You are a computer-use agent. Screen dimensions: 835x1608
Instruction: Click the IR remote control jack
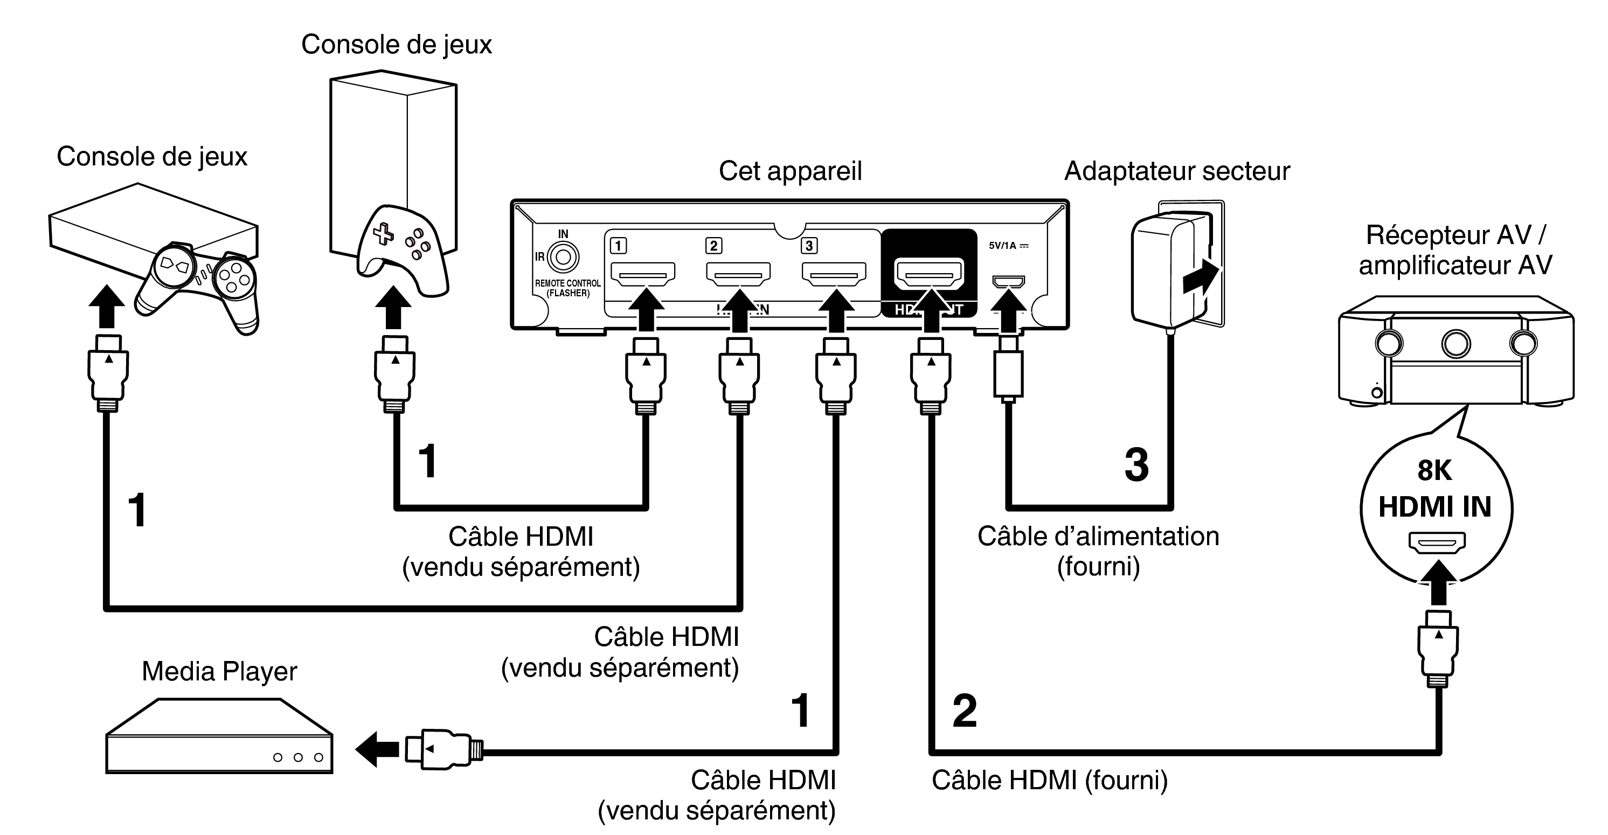(563, 257)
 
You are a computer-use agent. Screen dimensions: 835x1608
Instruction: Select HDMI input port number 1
(642, 273)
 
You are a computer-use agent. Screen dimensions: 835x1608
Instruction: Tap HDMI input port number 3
(834, 273)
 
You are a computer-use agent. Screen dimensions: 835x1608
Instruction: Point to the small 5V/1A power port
(1008, 281)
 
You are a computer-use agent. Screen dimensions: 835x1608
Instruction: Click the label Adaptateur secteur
(1177, 171)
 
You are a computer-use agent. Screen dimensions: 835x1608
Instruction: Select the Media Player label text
(219, 671)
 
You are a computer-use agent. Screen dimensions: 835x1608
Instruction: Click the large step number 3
(1136, 465)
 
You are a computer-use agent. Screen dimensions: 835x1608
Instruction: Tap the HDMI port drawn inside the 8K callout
(1436, 542)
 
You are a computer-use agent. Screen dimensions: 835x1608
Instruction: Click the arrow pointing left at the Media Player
(377, 748)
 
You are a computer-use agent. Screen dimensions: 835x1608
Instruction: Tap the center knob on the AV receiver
(1455, 343)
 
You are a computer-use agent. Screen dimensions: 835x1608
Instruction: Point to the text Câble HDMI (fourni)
(1049, 780)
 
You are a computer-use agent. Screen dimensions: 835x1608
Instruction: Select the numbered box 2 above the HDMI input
(713, 245)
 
